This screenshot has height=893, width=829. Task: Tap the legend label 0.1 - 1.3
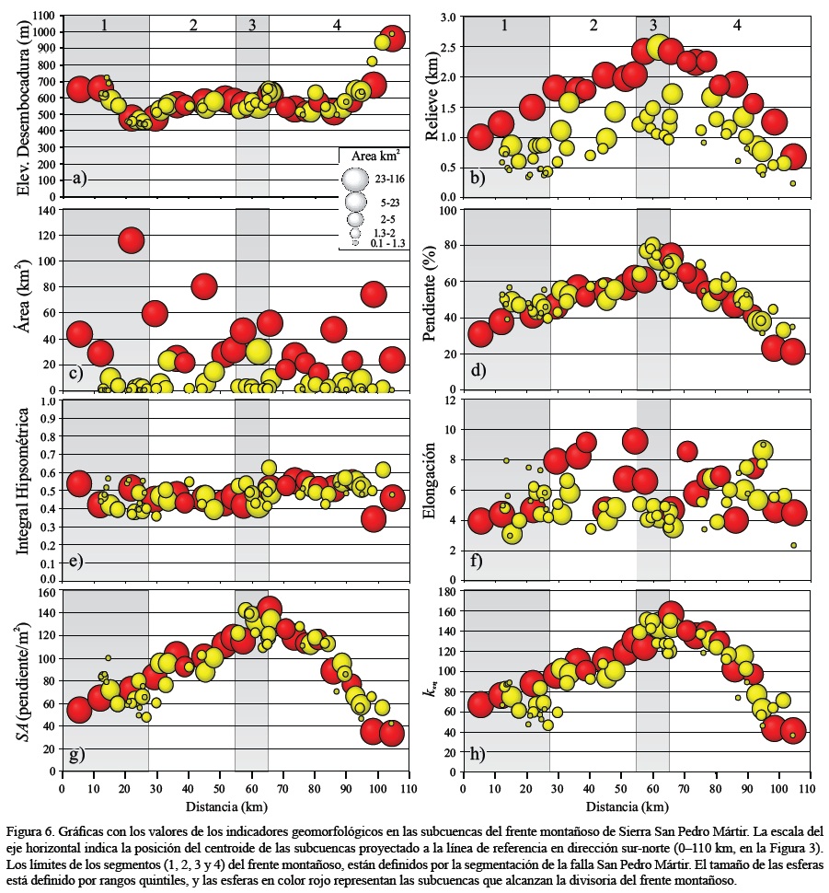pyautogui.click(x=388, y=243)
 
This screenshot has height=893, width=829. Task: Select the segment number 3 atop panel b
pyautogui.click(x=652, y=26)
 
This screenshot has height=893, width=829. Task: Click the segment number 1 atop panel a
pyautogui.click(x=105, y=25)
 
